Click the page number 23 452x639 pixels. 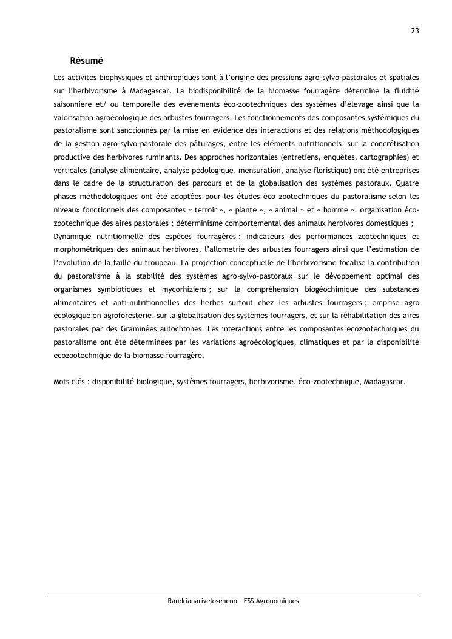(x=415, y=31)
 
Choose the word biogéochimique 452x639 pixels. (x=314, y=289)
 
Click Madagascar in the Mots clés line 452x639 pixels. (x=383, y=382)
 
